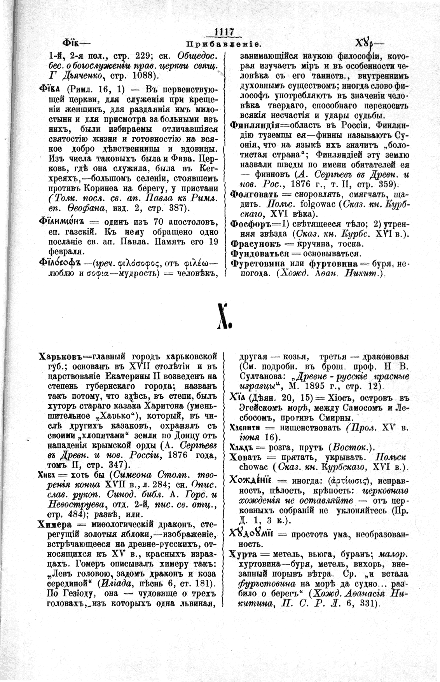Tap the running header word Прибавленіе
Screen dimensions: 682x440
pyautogui.click(x=220, y=44)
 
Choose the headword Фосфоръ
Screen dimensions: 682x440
pyautogui.click(x=253, y=225)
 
